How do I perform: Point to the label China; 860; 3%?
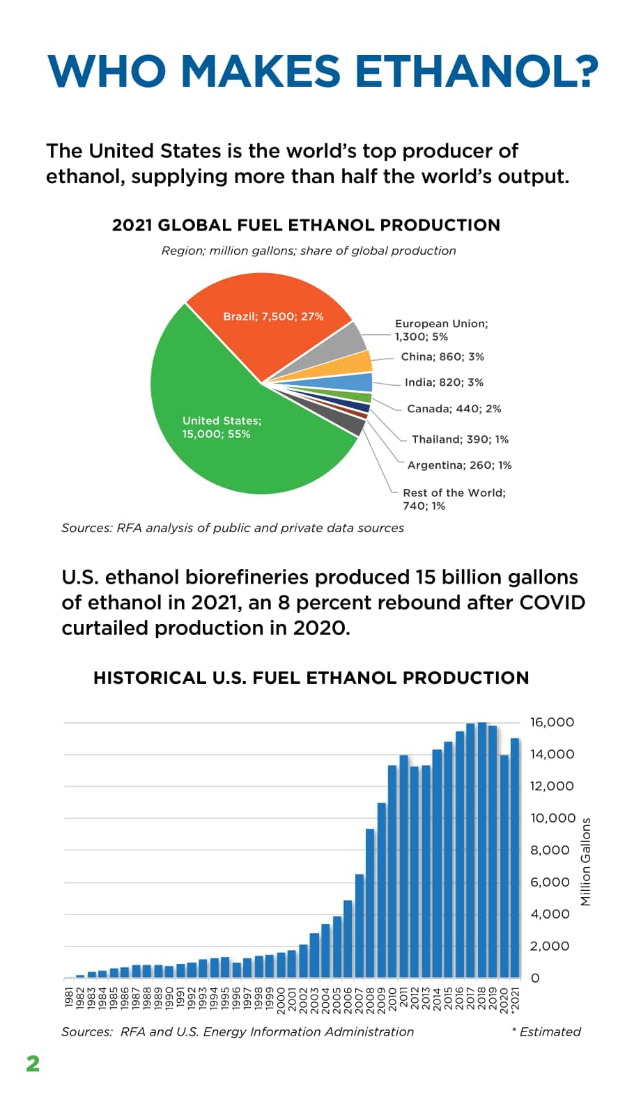pos(442,357)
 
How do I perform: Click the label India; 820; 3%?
pos(444,382)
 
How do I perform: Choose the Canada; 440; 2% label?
pos(454,409)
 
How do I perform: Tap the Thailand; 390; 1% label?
pos(460,439)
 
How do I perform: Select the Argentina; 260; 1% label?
pos(459,465)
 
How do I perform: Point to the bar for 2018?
pos(481,850)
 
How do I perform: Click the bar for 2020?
pos(504,866)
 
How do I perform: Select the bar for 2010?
pos(392,871)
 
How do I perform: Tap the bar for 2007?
pos(359,926)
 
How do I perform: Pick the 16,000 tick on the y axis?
pos(552,722)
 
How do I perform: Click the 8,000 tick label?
pos(550,850)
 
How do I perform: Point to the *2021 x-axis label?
pos(515,999)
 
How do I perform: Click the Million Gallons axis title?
pos(585,862)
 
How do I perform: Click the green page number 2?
pos(33,1063)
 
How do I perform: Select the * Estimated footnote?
pos(546,1031)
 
